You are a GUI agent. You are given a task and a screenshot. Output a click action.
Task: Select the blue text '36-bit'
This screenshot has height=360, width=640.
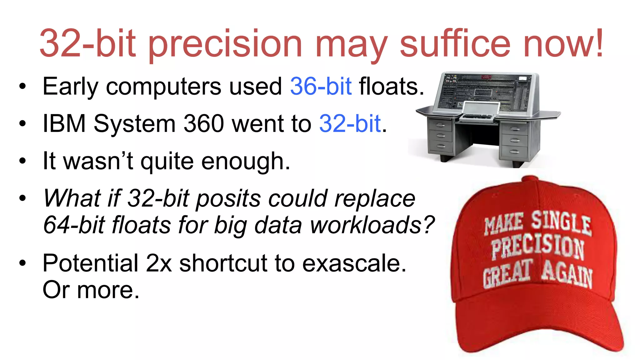tap(321, 86)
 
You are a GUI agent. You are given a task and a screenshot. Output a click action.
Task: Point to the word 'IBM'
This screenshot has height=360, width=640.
tap(64, 123)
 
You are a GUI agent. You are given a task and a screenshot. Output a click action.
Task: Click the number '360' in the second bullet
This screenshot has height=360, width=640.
tap(203, 123)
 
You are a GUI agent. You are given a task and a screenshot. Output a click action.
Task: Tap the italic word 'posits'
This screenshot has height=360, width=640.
tap(228, 198)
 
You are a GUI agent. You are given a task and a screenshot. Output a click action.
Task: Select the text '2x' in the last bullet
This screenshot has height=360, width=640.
tap(159, 263)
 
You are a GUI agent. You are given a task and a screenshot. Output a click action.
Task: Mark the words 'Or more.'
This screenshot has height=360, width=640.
tap(91, 290)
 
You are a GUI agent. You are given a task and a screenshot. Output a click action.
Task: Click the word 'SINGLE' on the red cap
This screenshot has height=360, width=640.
tap(561, 222)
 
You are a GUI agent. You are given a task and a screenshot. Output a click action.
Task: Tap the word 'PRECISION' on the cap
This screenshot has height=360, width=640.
tap(537, 247)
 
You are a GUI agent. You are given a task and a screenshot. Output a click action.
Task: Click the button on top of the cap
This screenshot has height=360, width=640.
tap(530, 179)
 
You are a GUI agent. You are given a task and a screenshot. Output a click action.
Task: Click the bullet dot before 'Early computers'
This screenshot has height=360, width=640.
tap(22, 87)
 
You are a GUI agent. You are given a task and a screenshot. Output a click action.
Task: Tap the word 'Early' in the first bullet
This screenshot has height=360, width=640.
tap(70, 87)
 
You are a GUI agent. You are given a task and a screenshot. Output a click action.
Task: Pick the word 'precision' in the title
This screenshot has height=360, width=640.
tap(225, 44)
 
